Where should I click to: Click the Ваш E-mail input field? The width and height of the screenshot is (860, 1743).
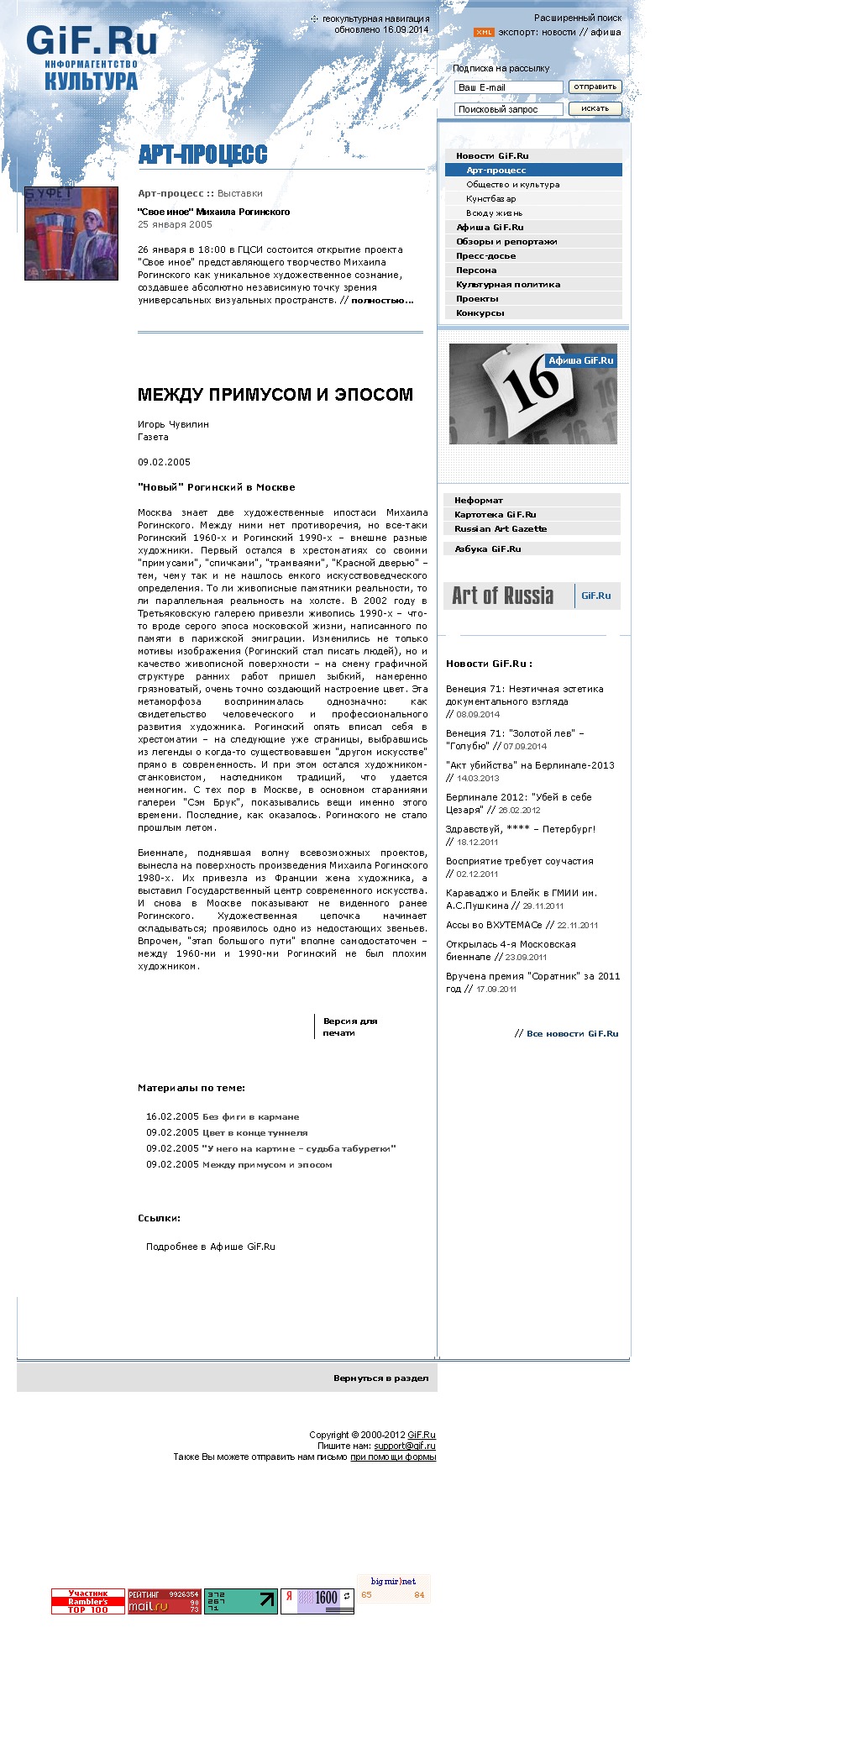click(508, 87)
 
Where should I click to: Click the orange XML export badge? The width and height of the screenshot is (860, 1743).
click(484, 33)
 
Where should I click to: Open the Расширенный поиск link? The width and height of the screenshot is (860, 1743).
click(578, 18)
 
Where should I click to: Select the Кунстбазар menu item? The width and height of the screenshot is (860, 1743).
click(491, 199)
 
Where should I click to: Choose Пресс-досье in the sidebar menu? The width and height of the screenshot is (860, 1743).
click(485, 256)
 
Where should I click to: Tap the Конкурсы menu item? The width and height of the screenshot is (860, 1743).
click(480, 313)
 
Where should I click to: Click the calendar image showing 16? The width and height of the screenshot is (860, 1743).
click(532, 394)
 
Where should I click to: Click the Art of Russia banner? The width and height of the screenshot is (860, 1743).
click(532, 596)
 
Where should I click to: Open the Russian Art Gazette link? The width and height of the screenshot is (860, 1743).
click(501, 529)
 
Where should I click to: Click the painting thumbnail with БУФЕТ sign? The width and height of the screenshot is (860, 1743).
click(71, 234)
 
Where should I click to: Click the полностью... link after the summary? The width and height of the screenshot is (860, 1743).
click(382, 300)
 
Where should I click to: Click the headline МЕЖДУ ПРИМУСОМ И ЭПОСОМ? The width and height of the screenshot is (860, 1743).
click(275, 395)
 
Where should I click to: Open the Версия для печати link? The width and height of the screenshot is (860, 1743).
click(350, 1026)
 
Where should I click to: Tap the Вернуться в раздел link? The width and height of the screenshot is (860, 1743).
click(380, 1378)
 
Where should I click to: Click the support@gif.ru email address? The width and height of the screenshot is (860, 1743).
click(405, 1446)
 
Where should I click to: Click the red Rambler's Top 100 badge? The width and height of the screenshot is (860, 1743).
click(88, 1601)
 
